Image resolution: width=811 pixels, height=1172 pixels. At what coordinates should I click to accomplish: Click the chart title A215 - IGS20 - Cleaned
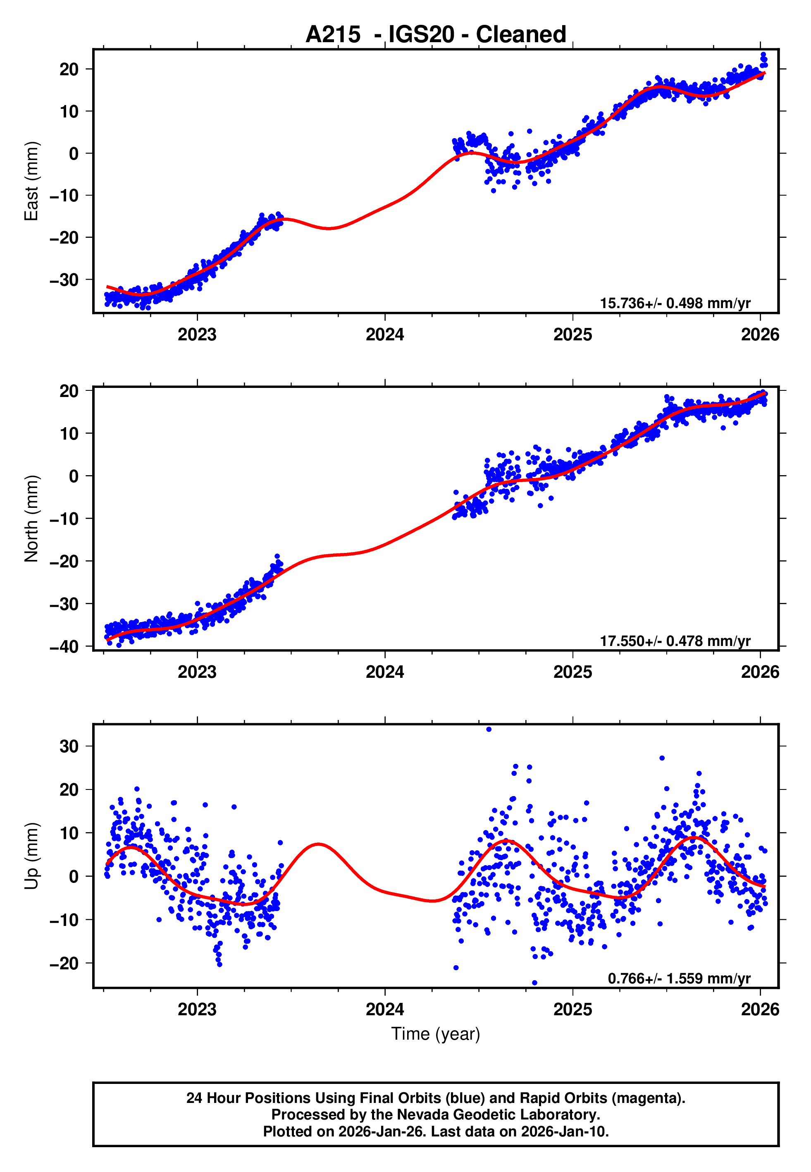436,35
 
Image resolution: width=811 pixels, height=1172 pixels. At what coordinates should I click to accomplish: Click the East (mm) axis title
31,181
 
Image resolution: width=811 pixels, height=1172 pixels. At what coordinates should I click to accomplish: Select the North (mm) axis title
31,519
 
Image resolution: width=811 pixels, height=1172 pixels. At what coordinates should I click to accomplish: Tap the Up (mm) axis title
31,856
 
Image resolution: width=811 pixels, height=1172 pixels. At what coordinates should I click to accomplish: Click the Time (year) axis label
436,1034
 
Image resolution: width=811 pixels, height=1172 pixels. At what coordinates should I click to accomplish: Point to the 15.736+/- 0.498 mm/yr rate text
675,304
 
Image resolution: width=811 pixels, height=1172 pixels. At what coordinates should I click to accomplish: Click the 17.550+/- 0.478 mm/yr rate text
675,641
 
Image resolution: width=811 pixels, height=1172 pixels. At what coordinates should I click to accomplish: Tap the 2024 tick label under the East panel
385,335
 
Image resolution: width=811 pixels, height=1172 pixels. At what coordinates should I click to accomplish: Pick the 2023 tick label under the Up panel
197,1009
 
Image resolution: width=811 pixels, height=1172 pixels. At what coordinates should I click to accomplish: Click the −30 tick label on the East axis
64,280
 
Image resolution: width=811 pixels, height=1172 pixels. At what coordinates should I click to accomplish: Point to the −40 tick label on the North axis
64,647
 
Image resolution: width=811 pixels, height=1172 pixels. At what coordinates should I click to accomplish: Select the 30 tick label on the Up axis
69,746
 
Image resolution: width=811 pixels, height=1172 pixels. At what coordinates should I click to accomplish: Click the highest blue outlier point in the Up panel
489,730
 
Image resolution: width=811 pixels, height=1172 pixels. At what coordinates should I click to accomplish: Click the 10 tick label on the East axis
69,111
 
